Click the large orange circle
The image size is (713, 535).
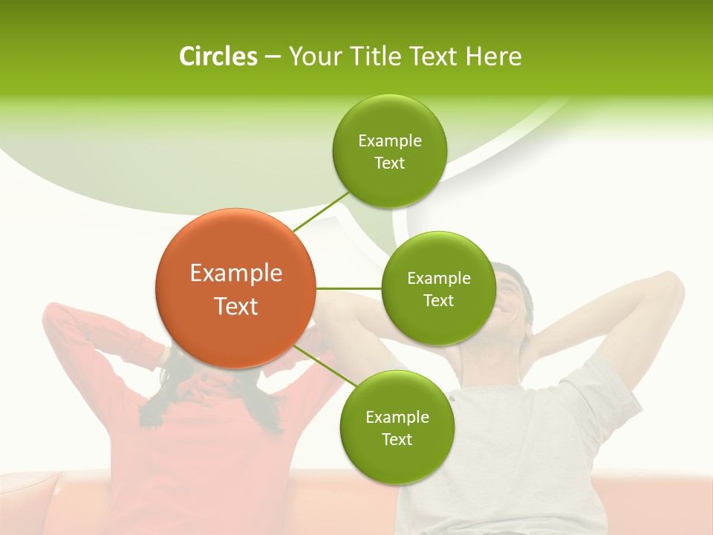(x=235, y=288)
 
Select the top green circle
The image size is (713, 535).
(x=389, y=151)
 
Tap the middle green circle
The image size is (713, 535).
(x=438, y=288)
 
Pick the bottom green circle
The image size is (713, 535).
(x=397, y=427)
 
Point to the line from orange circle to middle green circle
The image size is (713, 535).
(x=349, y=288)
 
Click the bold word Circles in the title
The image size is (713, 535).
(x=218, y=56)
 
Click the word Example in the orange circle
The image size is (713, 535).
(x=235, y=273)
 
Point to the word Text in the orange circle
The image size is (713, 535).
(x=235, y=305)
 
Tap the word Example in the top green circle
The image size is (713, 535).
(x=389, y=140)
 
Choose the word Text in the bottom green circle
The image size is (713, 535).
(x=397, y=439)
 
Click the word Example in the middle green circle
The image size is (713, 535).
(x=438, y=278)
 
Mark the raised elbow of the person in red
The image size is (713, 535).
(x=56, y=312)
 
